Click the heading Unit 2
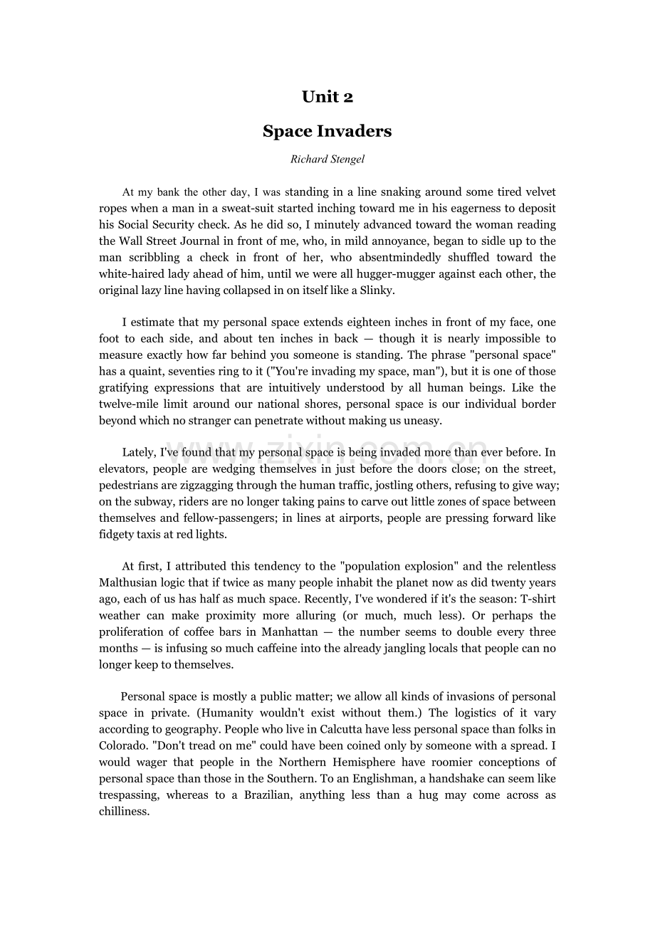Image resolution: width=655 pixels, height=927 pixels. pos(327,97)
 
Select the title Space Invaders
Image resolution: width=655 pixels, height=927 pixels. pos(327,131)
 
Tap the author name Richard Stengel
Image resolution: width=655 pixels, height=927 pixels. pos(327,159)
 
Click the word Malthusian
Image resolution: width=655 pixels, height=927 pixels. pos(128,583)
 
